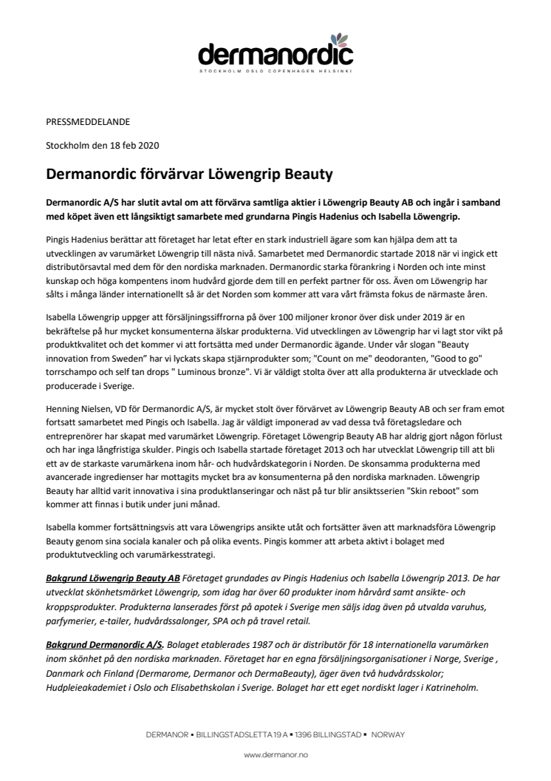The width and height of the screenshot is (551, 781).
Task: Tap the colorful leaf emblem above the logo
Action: coord(339,37)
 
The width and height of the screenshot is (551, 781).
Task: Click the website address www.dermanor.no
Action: coord(275,754)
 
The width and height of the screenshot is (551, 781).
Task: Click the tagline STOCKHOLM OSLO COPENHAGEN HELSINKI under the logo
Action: coord(275,72)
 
